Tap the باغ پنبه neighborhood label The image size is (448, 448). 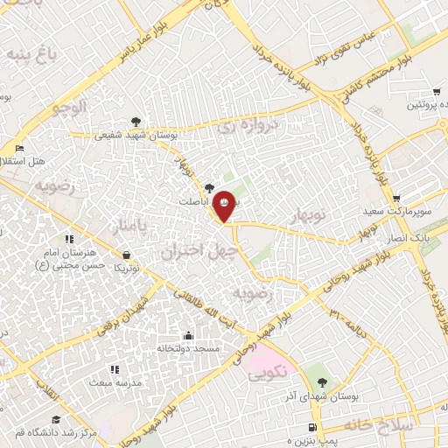(32, 55)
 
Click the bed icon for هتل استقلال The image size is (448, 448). (19, 148)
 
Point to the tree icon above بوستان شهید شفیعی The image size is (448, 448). (135, 122)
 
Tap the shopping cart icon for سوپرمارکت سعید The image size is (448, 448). (397, 199)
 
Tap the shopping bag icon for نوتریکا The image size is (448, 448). (127, 255)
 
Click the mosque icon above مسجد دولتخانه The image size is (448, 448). (188, 335)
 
